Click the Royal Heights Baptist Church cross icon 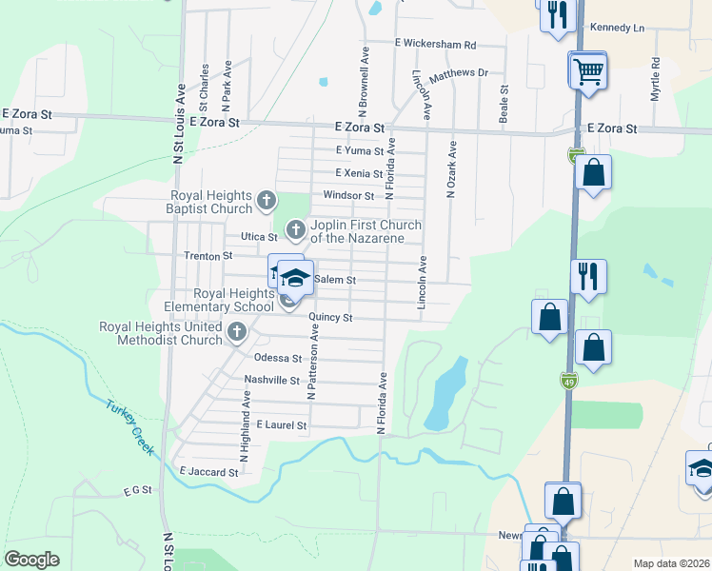pyautogui.click(x=267, y=201)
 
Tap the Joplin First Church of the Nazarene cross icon pyautogui.click(x=295, y=228)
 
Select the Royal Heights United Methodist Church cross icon pyautogui.click(x=237, y=332)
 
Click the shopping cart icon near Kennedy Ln pyautogui.click(x=589, y=69)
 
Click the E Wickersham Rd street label pyautogui.click(x=435, y=44)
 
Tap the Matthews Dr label pyautogui.click(x=458, y=73)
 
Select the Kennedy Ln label pyautogui.click(x=617, y=28)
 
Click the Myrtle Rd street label pyautogui.click(x=655, y=80)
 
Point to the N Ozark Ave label pyautogui.click(x=452, y=169)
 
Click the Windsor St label pyautogui.click(x=348, y=195)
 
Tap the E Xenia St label pyautogui.click(x=359, y=173)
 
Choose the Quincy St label pyautogui.click(x=337, y=317)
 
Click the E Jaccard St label pyautogui.click(x=208, y=472)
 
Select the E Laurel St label pyautogui.click(x=282, y=425)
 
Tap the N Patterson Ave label pyautogui.click(x=310, y=363)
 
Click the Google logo pyautogui.click(x=31, y=560)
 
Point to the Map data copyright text pyautogui.click(x=670, y=563)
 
